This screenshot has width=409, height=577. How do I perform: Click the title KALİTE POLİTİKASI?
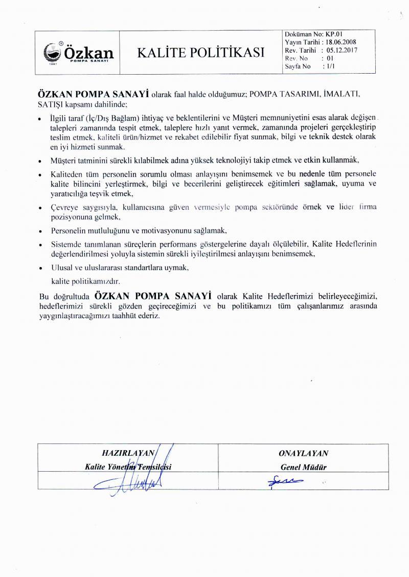200,52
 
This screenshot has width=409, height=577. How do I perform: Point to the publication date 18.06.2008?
340,42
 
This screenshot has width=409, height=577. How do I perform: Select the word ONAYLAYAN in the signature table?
303,453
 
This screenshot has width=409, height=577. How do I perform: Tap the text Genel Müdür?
303,467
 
